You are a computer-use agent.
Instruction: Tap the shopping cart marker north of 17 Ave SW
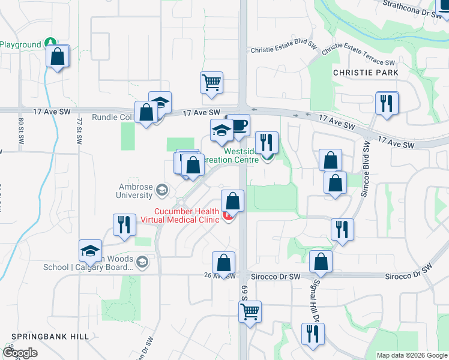click(211, 83)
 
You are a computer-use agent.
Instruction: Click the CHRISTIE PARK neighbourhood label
click(366, 72)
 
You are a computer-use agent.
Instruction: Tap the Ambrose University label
click(135, 191)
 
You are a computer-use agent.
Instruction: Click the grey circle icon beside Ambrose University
click(161, 191)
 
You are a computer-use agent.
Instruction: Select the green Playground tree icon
click(51, 44)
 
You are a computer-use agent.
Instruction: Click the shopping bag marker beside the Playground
click(58, 57)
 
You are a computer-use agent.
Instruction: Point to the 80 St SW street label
click(20, 129)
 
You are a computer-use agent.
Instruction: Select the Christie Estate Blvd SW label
click(283, 50)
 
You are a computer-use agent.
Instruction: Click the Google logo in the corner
click(20, 352)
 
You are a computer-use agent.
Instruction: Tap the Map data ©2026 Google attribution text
click(411, 355)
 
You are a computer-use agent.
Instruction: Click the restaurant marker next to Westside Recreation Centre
click(267, 143)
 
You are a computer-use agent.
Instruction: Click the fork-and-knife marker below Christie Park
click(388, 103)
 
